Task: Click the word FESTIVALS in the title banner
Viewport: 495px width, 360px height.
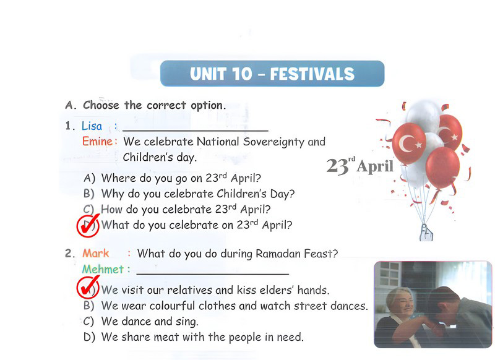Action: [x=312, y=74]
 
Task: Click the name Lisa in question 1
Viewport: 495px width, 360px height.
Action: [x=92, y=126]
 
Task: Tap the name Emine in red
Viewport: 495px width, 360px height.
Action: [x=97, y=142]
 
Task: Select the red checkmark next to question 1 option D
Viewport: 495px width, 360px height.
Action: [x=88, y=226]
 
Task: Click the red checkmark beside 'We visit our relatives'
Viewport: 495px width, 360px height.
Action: [x=88, y=287]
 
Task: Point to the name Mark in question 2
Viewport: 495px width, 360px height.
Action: [x=95, y=254]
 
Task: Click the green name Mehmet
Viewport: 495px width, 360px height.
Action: [x=103, y=270]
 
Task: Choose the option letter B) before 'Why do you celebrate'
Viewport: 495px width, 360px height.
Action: [x=89, y=194]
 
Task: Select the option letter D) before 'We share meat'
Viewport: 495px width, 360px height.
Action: [x=89, y=337]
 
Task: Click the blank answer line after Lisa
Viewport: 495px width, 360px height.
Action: [x=196, y=131]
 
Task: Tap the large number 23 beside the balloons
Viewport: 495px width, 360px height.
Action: [x=337, y=166]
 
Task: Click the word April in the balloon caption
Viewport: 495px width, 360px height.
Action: [x=375, y=166]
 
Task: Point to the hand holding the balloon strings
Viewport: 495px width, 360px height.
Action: [x=426, y=233]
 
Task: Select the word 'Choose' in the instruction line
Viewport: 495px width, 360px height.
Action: [x=101, y=105]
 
